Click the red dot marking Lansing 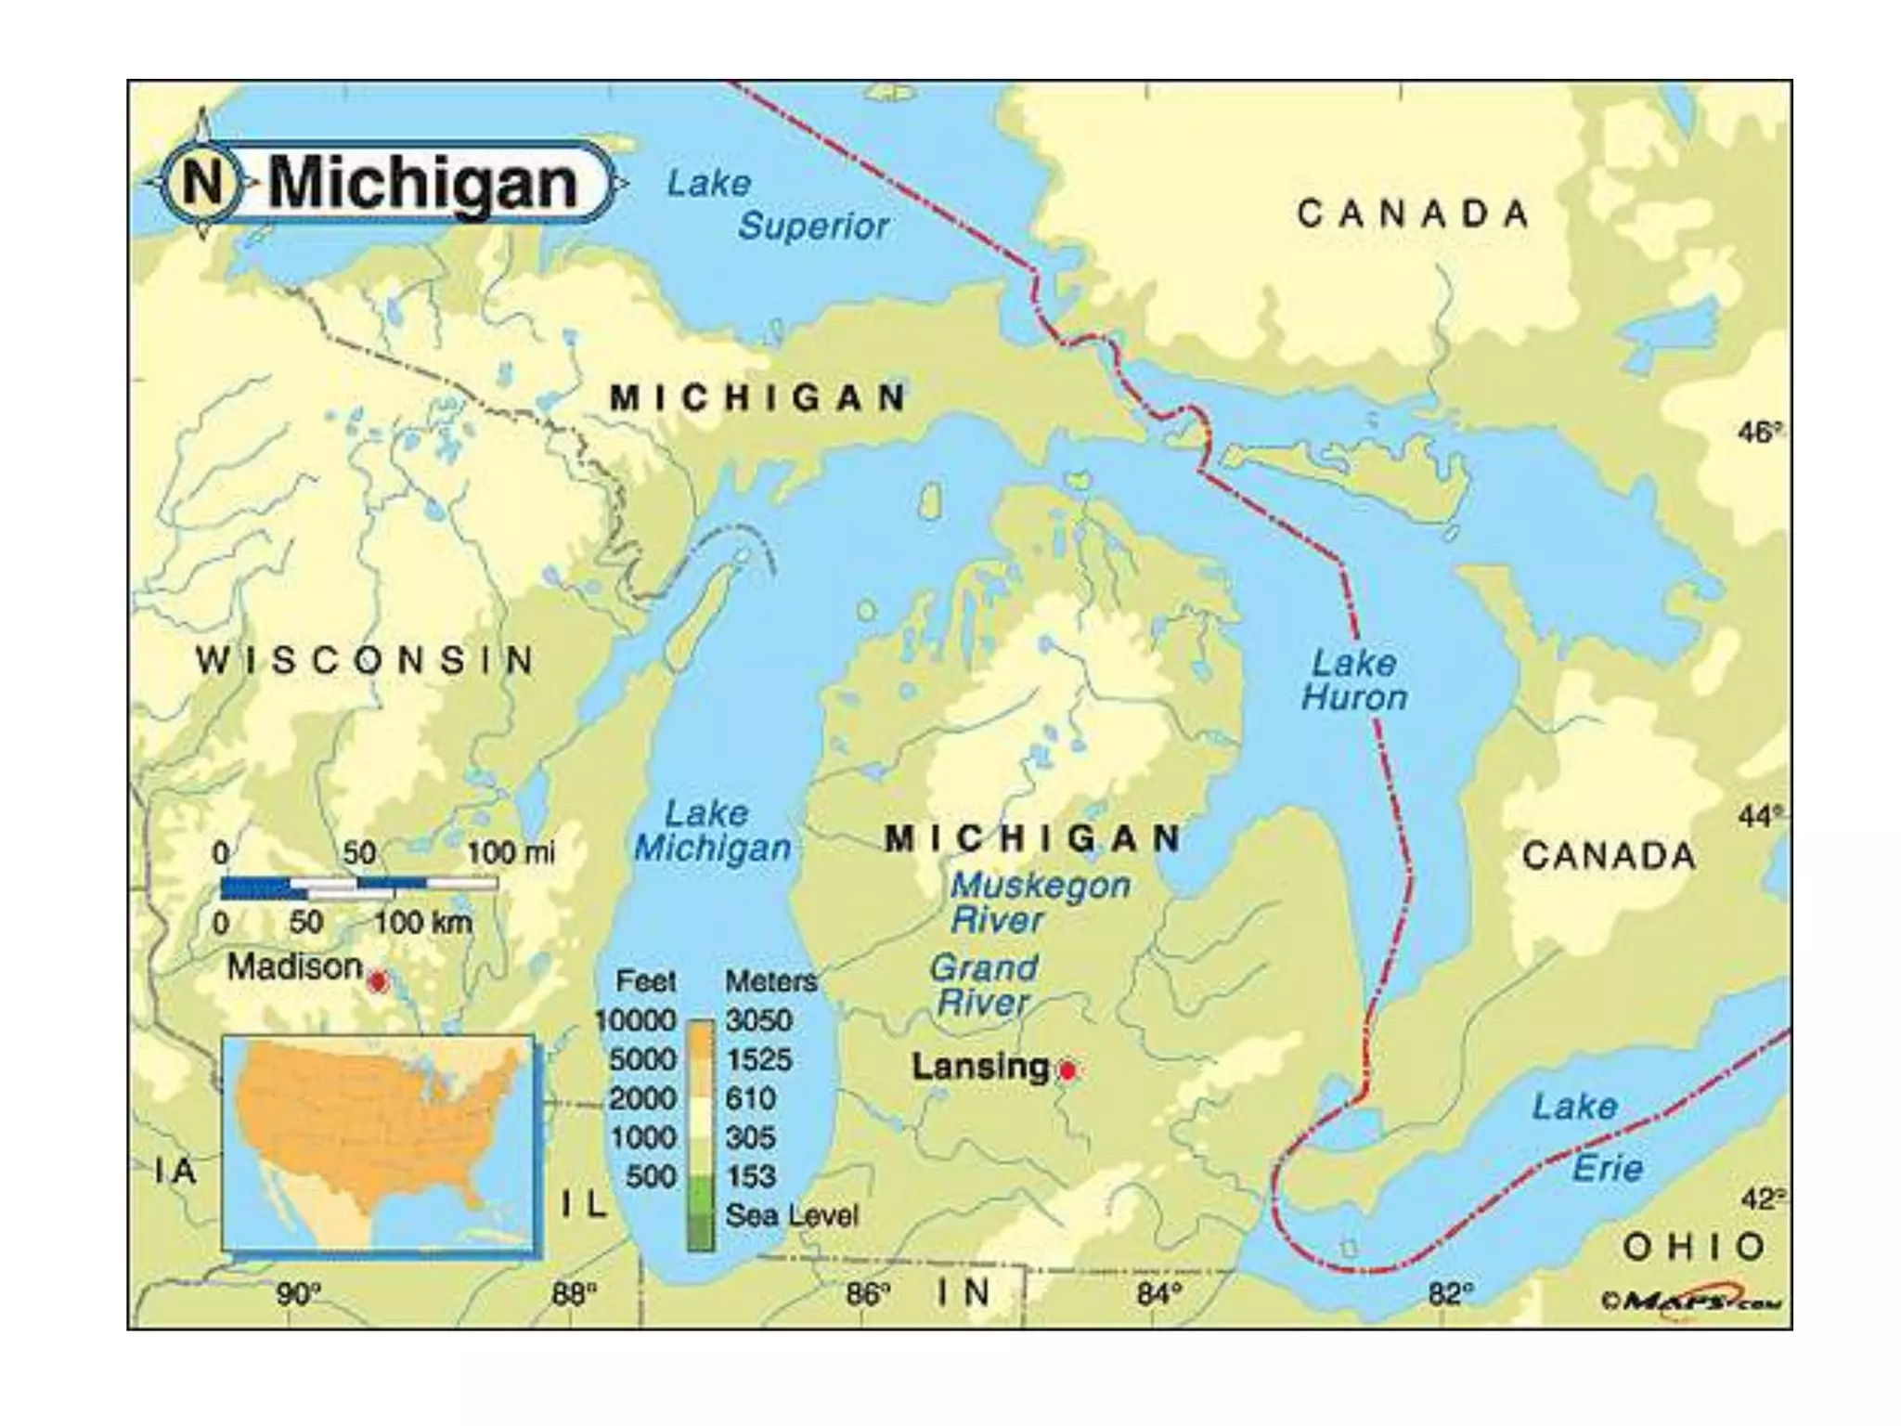click(x=1067, y=1070)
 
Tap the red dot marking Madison click(x=377, y=981)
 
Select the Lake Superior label click(x=778, y=205)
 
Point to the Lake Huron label click(x=1353, y=681)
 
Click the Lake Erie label click(x=1587, y=1136)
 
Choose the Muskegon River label click(x=1040, y=901)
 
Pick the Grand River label click(x=983, y=984)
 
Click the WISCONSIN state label click(x=365, y=661)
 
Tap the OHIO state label click(x=1694, y=1247)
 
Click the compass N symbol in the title click(x=203, y=183)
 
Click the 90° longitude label click(x=298, y=1294)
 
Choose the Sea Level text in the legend click(x=792, y=1215)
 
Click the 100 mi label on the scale click(x=510, y=852)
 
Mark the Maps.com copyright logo click(x=1691, y=1301)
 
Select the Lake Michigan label click(x=712, y=831)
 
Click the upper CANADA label click(x=1412, y=214)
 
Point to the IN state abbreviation click(x=963, y=1292)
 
